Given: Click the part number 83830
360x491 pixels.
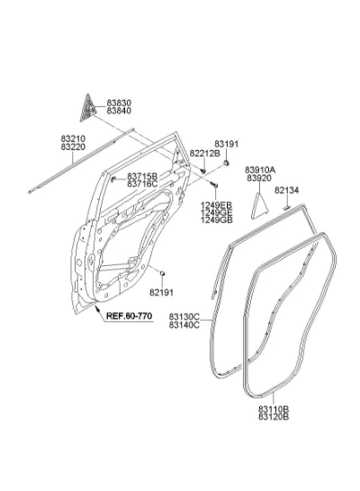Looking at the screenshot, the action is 119,103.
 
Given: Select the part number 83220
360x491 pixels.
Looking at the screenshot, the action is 73,147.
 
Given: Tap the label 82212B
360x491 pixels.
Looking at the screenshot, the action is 205,154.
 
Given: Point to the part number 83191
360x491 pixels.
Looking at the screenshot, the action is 226,144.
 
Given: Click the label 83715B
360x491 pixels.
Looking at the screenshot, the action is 142,176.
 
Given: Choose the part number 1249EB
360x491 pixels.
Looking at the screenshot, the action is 217,205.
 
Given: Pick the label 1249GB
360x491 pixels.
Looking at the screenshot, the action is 217,219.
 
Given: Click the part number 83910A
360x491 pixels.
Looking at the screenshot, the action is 260,170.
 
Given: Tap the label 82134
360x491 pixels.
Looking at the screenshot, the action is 287,190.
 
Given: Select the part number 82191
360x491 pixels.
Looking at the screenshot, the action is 161,292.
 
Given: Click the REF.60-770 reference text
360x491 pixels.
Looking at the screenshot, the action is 129,316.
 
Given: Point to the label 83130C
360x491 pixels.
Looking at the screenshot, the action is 184,317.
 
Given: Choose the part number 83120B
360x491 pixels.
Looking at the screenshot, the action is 274,416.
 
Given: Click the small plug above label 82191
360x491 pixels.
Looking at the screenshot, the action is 162,274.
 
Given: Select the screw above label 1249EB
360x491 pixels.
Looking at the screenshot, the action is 214,185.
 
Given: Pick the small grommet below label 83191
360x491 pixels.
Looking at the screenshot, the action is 226,163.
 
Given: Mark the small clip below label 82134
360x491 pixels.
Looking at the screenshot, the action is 287,208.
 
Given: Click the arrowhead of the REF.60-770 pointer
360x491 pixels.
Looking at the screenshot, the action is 97,308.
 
